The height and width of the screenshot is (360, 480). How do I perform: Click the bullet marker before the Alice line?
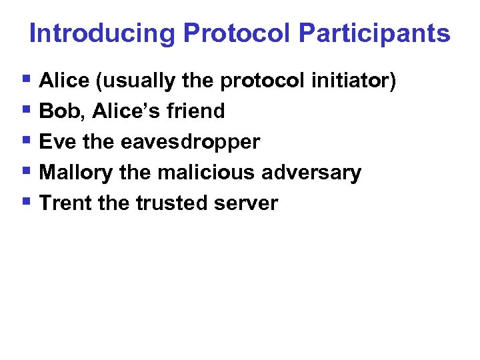(26, 80)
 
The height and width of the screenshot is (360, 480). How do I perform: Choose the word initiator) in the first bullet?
(353, 81)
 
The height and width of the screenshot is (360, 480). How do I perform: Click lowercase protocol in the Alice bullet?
(263, 81)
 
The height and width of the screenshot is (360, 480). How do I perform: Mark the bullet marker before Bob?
(26, 110)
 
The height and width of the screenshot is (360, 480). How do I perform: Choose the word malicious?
(207, 173)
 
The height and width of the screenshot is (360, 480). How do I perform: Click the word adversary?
(311, 173)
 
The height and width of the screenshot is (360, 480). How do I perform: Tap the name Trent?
(65, 203)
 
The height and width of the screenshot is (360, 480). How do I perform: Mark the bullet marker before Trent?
(26, 202)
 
